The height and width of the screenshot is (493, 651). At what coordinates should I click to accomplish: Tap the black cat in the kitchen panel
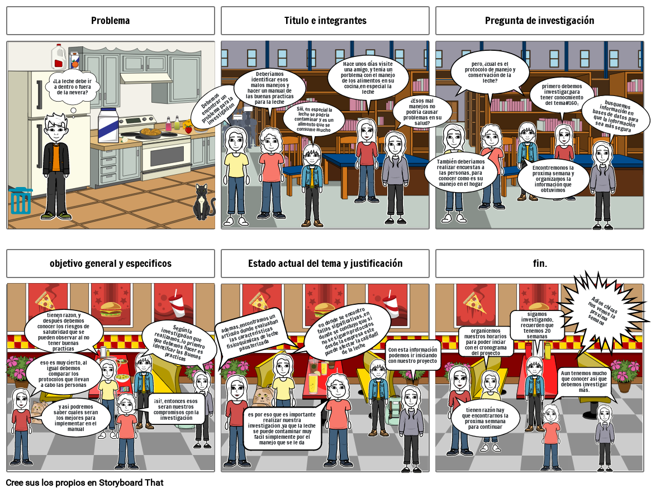(203, 204)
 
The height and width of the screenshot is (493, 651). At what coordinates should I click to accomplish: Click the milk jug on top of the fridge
(59, 56)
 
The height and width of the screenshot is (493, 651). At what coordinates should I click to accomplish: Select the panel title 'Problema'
(111, 21)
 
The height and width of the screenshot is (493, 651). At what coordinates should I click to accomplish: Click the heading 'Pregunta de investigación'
(539, 21)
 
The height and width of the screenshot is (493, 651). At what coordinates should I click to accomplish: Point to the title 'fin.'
(540, 263)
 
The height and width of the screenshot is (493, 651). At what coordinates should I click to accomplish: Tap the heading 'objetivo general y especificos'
(111, 263)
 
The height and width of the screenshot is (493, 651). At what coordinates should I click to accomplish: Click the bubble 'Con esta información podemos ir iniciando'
(413, 355)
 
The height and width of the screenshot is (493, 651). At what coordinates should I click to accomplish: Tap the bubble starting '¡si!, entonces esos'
(176, 409)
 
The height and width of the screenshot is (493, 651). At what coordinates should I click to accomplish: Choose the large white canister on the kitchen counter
(108, 125)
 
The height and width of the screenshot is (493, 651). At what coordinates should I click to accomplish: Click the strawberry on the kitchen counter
(188, 129)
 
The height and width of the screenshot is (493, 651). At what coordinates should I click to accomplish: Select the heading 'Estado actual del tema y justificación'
(325, 263)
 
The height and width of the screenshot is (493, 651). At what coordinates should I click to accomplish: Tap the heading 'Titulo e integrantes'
(325, 21)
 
